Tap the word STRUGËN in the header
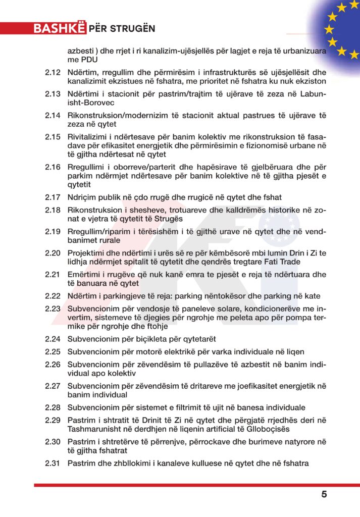133,28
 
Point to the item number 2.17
53,197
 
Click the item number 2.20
53,252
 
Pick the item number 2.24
53,339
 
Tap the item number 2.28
53,407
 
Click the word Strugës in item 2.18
169,219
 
